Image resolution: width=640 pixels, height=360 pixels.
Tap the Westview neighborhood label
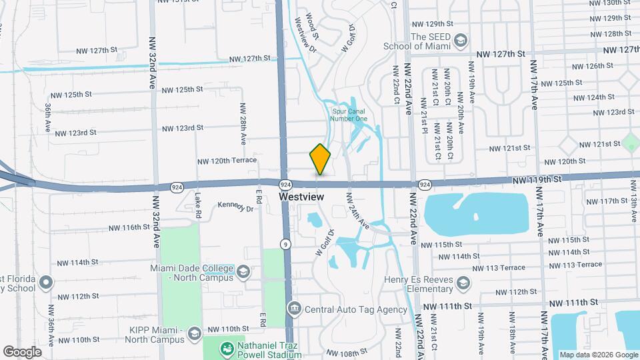click(x=301, y=197)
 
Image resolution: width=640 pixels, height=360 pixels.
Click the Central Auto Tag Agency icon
click(x=294, y=309)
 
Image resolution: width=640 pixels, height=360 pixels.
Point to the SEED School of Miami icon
click(x=460, y=42)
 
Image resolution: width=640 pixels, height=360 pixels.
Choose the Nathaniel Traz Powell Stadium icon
click(x=227, y=348)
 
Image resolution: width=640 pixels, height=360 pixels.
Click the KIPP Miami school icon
click(x=195, y=333)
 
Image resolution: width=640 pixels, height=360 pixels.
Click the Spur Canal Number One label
click(x=349, y=115)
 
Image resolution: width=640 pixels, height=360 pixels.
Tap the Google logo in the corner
click(x=22, y=351)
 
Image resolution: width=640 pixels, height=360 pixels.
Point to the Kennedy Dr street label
click(x=236, y=207)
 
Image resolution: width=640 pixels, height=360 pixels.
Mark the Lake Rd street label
click(x=198, y=205)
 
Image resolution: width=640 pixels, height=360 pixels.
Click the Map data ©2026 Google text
click(x=598, y=355)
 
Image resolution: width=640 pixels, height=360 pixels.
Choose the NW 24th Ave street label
click(x=357, y=212)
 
